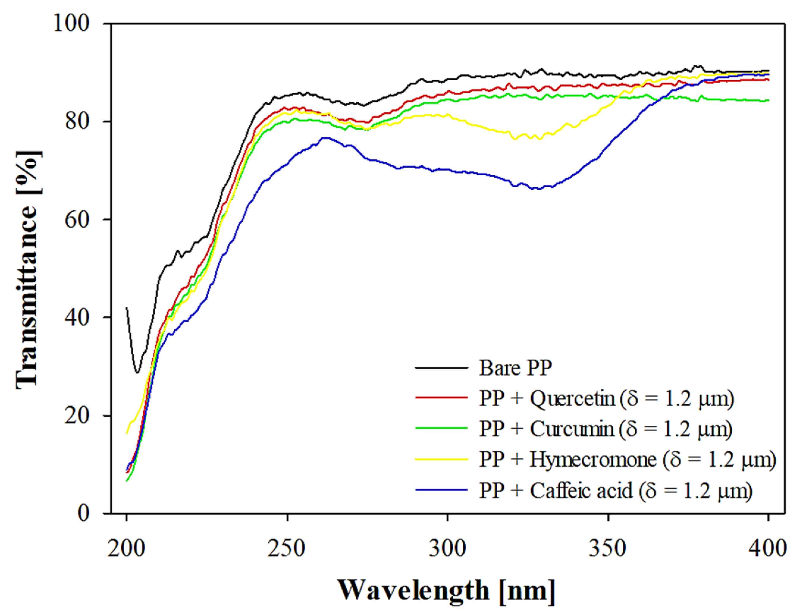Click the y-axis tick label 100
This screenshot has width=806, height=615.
(71, 23)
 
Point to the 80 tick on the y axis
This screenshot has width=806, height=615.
(77, 122)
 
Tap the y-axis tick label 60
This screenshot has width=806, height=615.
(77, 220)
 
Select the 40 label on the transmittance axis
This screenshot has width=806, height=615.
(77, 317)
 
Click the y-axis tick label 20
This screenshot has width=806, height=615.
(77, 416)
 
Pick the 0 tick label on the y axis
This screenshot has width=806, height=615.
(84, 513)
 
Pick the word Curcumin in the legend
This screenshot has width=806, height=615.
(572, 429)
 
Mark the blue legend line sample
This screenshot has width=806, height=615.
(442, 490)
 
